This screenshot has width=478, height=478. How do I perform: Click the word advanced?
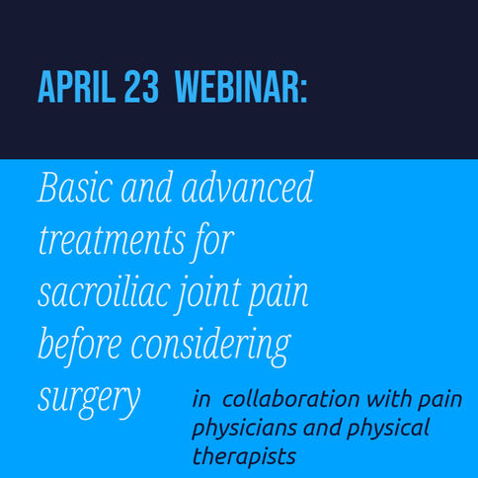coord(247,186)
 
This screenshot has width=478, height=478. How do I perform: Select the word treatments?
coord(112,240)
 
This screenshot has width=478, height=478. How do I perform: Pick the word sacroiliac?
coord(105,291)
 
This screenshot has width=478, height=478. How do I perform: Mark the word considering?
coord(210,349)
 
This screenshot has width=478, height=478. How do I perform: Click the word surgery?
coord(89,400)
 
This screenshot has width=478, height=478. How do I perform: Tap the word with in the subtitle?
coord(389,399)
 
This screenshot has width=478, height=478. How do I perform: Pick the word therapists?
coord(244,457)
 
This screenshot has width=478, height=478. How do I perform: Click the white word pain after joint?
coord(278,295)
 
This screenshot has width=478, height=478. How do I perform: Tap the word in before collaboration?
coord(201,399)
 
